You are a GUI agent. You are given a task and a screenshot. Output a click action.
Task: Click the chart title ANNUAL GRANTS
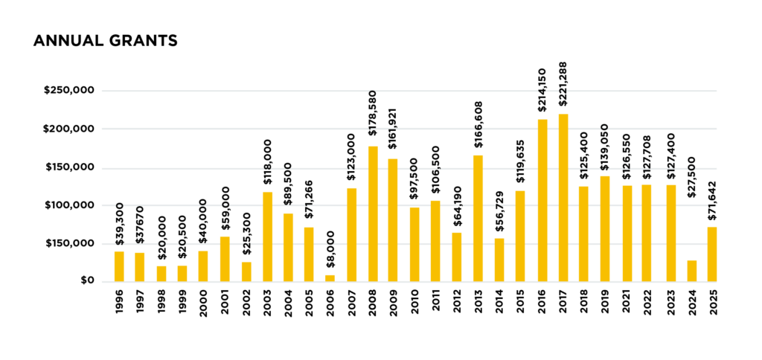106,42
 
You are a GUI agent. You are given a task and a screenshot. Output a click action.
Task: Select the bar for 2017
563,198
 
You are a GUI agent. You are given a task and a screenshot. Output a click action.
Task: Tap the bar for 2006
330,278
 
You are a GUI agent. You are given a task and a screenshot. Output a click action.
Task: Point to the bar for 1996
119,266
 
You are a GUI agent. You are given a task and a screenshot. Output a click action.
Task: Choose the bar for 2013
478,218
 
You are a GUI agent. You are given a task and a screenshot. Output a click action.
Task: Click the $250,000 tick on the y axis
68,91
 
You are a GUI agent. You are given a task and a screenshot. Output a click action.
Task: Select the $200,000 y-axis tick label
68,129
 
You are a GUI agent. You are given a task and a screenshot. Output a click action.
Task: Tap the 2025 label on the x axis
713,301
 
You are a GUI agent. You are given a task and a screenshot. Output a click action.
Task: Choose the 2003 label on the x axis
266,301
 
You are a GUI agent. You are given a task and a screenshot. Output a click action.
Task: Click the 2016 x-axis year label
542,301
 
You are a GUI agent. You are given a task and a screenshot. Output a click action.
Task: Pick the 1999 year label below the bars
182,301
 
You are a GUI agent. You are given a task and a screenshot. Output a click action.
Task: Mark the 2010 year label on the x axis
414,301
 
